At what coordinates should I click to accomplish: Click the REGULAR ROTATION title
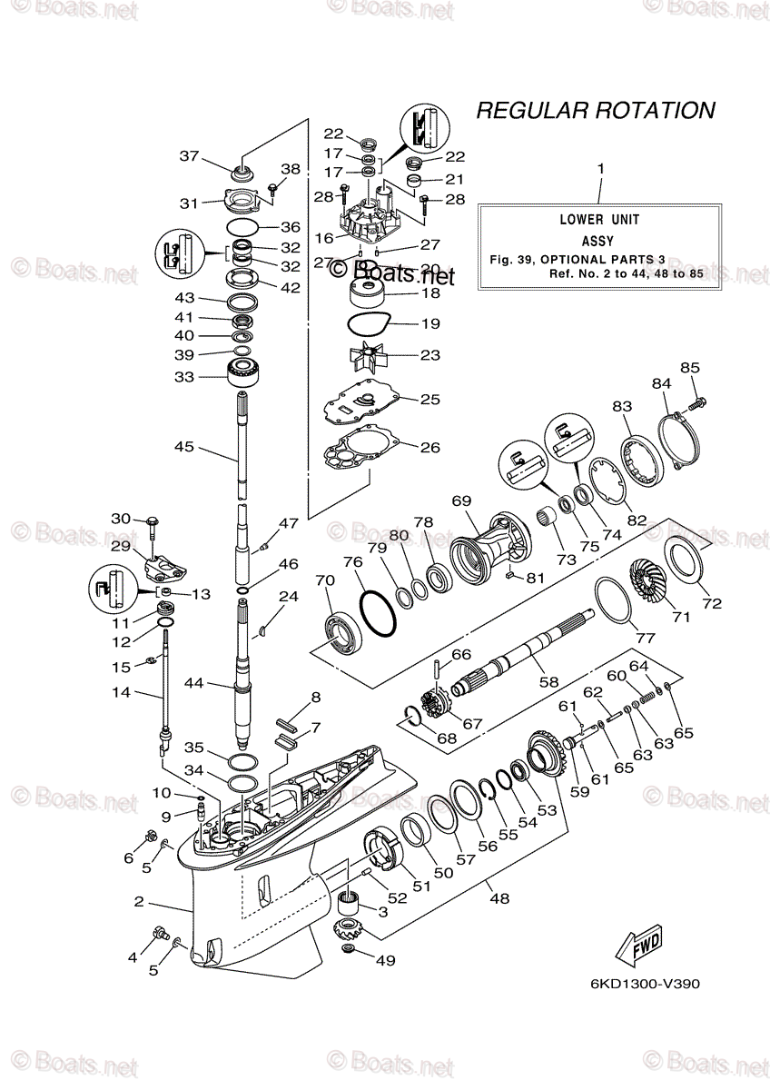(x=596, y=111)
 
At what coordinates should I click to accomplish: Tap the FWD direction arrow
(x=639, y=942)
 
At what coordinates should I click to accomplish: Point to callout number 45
(x=184, y=446)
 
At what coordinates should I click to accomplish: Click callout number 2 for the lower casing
(x=139, y=902)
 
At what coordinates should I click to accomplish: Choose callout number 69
(x=461, y=501)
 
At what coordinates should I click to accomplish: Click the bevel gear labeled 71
(x=651, y=585)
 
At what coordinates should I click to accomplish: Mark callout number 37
(x=189, y=156)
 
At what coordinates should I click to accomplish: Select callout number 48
(x=499, y=898)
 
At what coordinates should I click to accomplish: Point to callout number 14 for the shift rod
(x=120, y=692)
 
